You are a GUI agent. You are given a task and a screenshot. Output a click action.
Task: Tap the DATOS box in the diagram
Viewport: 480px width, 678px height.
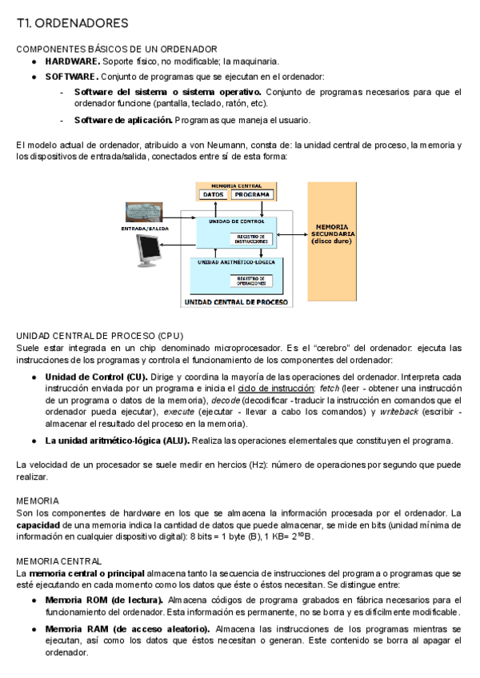[x=214, y=194]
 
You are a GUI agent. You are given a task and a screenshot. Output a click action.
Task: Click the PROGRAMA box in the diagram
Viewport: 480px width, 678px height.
[x=253, y=194]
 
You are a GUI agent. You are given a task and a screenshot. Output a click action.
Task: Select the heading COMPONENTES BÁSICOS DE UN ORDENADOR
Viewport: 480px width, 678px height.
[x=117, y=50]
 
